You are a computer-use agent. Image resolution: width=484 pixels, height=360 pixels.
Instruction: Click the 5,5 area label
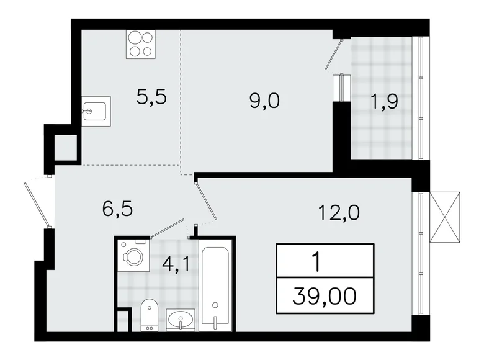click(x=152, y=97)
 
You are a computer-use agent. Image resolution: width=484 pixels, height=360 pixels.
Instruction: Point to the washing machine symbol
click(x=133, y=255)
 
